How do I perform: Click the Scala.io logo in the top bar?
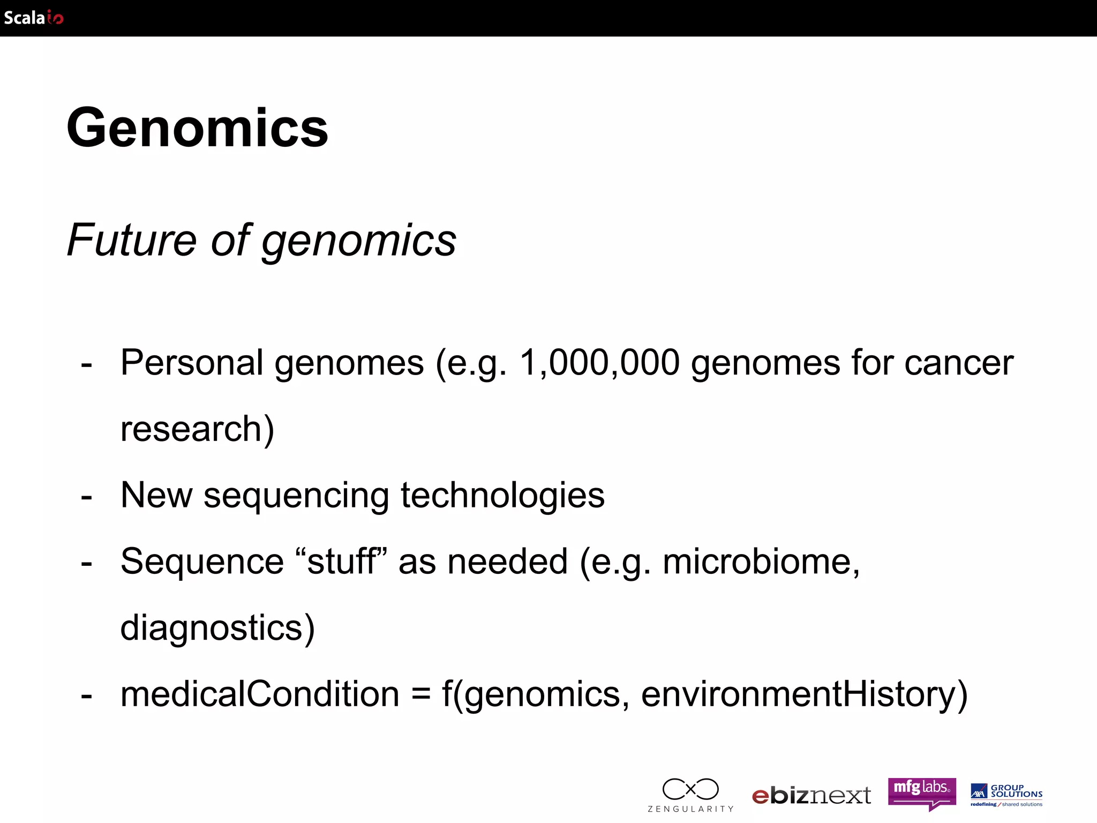pyautogui.click(x=33, y=18)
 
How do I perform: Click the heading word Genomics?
pyautogui.click(x=197, y=128)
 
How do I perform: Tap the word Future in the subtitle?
pyautogui.click(x=132, y=240)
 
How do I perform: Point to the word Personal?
pyautogui.click(x=192, y=363)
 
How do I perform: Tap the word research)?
pyautogui.click(x=197, y=429)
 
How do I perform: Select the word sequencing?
pyautogui.click(x=296, y=496)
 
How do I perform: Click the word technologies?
pyautogui.click(x=502, y=495)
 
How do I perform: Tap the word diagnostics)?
pyautogui.click(x=217, y=628)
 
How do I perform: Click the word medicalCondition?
pyautogui.click(x=260, y=694)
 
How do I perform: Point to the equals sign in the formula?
pyautogui.click(x=420, y=695)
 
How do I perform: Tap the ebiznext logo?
pyautogui.click(x=812, y=796)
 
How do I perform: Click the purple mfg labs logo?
pyautogui.click(x=921, y=793)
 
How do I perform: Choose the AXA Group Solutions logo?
pyautogui.click(x=1006, y=795)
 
